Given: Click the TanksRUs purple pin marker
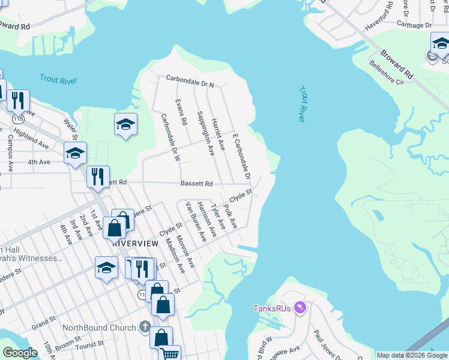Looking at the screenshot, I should click(x=301, y=308).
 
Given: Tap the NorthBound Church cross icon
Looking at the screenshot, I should click(x=144, y=328).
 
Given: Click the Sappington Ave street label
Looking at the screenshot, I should click(x=205, y=133).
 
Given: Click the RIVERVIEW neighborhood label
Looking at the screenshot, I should click(x=135, y=244).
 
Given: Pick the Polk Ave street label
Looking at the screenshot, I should click(x=231, y=217).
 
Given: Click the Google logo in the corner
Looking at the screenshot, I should click(x=20, y=353).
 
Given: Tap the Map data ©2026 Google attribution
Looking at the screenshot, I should click(x=411, y=355).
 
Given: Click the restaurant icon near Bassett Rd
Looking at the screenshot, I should click(x=97, y=176).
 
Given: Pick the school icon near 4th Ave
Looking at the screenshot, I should click(x=76, y=153).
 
